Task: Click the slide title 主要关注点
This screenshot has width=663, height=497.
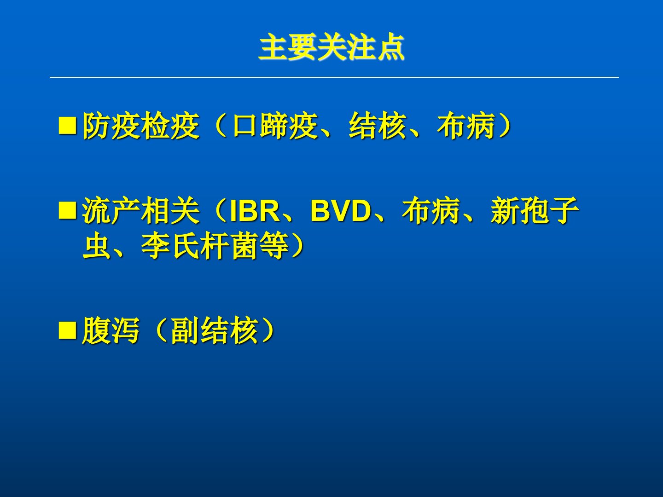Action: pyautogui.click(x=331, y=47)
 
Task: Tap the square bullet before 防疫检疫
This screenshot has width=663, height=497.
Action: pyautogui.click(x=67, y=126)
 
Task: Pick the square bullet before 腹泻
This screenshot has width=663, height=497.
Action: pyautogui.click(x=67, y=330)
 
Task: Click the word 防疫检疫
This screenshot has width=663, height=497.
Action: pyautogui.click(x=141, y=126)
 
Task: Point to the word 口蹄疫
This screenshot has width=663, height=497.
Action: pyautogui.click(x=275, y=126)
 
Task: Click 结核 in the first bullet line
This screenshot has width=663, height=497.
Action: pyautogui.click(x=377, y=126)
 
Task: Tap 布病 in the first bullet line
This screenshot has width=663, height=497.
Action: pyautogui.click(x=466, y=126)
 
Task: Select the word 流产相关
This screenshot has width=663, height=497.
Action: pyautogui.click(x=141, y=210)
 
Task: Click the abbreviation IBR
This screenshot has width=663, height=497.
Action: pyautogui.click(x=254, y=211)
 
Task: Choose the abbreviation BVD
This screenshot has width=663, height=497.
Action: pyautogui.click(x=341, y=211)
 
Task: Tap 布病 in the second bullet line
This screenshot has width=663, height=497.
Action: pyautogui.click(x=431, y=210)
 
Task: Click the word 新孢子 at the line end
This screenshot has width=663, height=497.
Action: pyautogui.click(x=535, y=210)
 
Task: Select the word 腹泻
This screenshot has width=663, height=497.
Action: pyautogui.click(x=111, y=330)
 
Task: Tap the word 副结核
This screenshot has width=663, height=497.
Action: pyautogui.click(x=215, y=330)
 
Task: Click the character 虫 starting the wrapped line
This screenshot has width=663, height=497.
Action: pyautogui.click(x=96, y=246)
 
